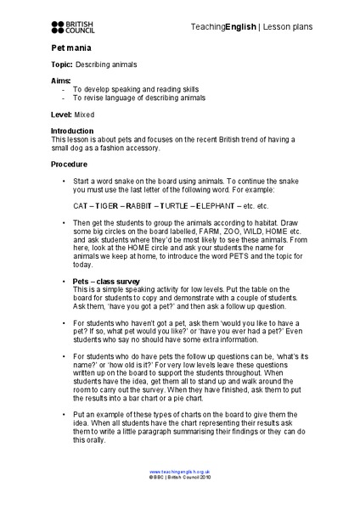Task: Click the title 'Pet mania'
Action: coord(69,50)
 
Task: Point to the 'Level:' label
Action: coord(62,114)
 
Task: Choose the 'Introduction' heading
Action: coord(74,131)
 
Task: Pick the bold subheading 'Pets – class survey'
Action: coord(106,280)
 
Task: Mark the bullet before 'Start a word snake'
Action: coord(64,182)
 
